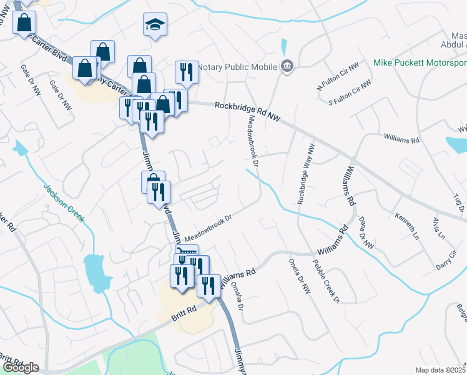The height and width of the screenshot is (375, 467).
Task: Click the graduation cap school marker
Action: click(155, 25)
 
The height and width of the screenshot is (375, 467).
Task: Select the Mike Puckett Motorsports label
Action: click(420, 63)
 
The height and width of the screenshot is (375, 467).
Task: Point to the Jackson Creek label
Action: click(63, 201)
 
